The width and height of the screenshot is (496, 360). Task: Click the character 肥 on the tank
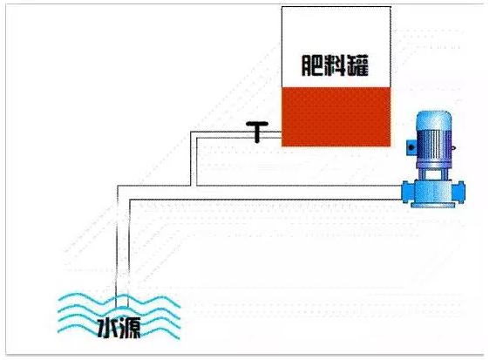tap(313, 65)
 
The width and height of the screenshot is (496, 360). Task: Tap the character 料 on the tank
tap(335, 65)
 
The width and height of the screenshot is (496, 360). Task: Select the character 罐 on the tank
tap(357, 65)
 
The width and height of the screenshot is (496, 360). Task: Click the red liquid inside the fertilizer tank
tap(336, 117)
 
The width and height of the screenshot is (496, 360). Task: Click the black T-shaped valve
tap(257, 132)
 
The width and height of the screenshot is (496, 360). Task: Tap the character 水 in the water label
tap(107, 329)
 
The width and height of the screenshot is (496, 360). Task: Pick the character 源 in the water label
tap(130, 329)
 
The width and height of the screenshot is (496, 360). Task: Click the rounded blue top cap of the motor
tap(433, 120)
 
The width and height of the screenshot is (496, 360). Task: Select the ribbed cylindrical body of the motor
tap(433, 146)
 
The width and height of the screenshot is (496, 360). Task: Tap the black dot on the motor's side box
tap(411, 147)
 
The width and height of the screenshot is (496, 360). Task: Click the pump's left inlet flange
tap(407, 192)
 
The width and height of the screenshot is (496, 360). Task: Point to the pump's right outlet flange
tap(459, 192)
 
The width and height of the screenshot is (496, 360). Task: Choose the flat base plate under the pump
tap(433, 205)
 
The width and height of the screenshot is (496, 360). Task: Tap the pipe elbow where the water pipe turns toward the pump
tap(123, 193)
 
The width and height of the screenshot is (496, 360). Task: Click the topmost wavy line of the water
tap(119, 298)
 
